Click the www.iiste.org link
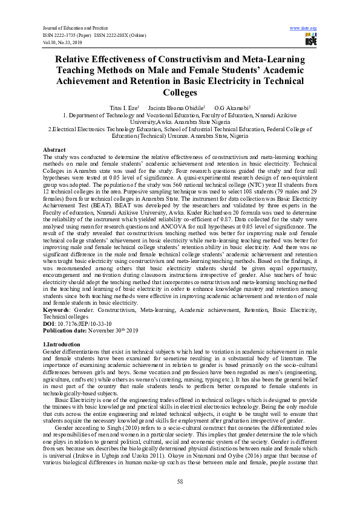[x=304, y=28]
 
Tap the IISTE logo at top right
[x=311, y=41]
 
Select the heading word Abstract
[x=54, y=149]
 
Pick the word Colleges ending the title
[x=180, y=93]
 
